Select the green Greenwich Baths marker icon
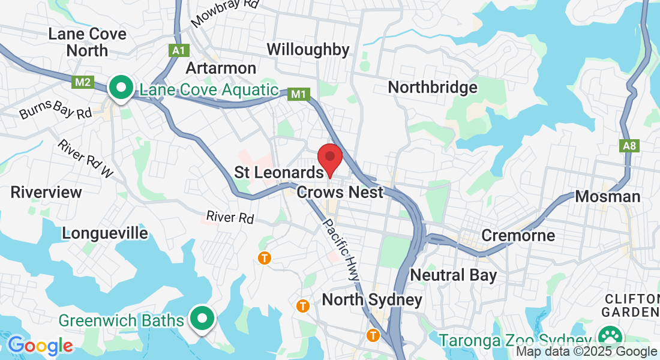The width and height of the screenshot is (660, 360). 202,319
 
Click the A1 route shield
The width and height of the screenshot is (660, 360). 178,51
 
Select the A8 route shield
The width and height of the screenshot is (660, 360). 628,146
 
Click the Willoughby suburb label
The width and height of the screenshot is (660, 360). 308,49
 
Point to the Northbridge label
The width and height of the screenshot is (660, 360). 432,88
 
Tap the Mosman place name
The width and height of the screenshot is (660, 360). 607,196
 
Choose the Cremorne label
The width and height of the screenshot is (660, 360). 518,235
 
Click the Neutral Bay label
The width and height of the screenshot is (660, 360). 453,275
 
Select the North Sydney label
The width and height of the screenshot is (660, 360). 372,299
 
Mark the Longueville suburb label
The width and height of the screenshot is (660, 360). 104,233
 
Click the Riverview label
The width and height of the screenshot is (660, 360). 46,193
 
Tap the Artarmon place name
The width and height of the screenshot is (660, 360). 221,68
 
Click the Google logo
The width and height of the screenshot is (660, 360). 40,346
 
